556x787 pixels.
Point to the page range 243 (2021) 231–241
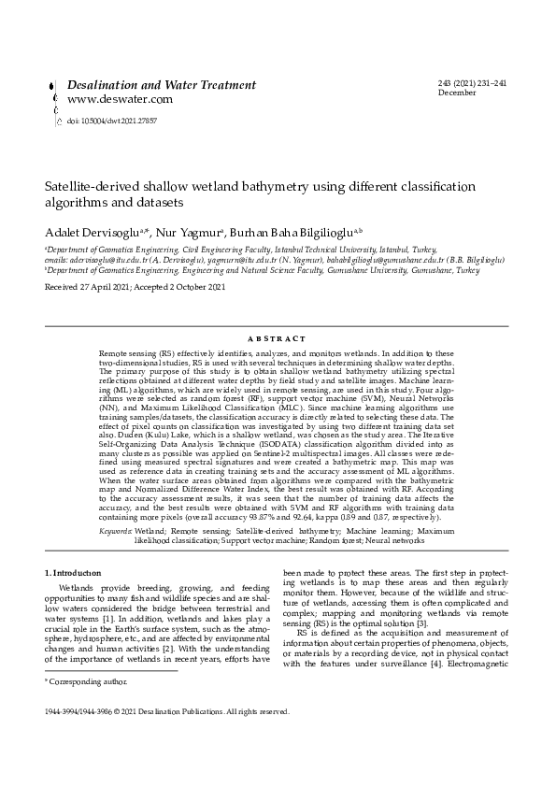point(472,84)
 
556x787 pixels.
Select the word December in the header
point(456,93)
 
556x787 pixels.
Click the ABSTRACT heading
point(277,338)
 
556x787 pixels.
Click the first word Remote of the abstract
point(113,353)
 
